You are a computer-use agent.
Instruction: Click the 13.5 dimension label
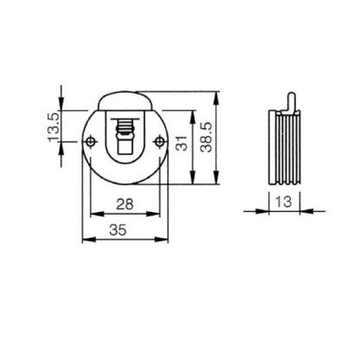coord(54,126)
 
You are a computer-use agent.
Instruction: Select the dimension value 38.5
coord(207,137)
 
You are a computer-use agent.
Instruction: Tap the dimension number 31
coord(182,143)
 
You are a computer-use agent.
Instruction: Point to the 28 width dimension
coord(125,204)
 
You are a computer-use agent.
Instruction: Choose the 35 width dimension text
coord(118,230)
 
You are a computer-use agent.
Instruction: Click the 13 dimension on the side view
coord(284,202)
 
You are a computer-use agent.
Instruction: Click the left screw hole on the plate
coord(91,141)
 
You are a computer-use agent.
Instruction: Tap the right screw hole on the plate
coord(159,141)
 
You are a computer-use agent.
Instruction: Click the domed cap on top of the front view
coord(125,100)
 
